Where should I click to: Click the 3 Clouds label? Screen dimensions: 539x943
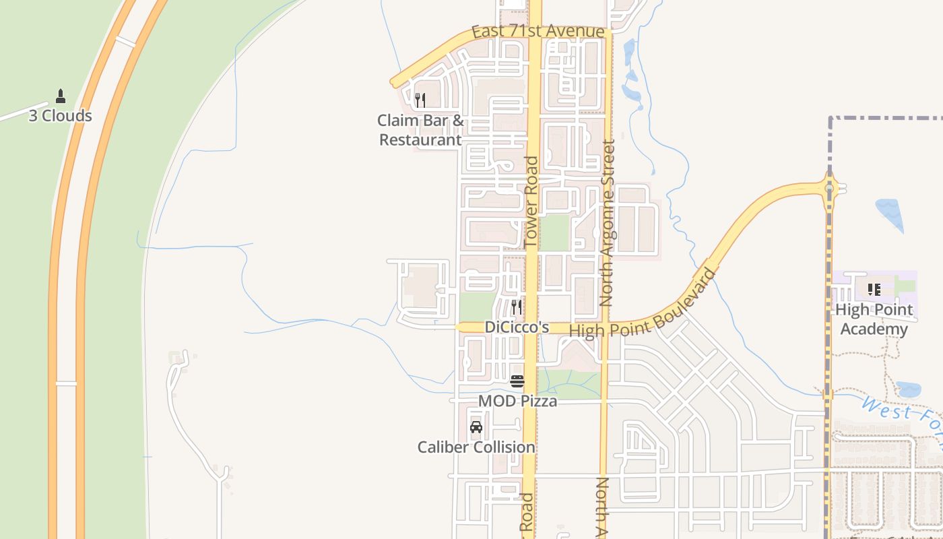[x=60, y=116]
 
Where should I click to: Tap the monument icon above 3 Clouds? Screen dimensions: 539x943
[x=61, y=96]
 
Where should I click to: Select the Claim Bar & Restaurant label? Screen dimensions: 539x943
[x=420, y=130]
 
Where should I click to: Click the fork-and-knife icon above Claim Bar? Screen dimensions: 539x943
[x=420, y=100]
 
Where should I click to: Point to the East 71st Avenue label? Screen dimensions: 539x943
[x=538, y=32]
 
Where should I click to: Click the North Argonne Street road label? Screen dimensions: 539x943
[x=608, y=222]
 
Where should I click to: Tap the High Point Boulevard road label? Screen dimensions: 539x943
[x=642, y=305]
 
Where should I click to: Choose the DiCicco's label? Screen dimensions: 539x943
[x=517, y=327]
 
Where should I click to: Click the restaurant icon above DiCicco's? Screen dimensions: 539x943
[x=517, y=307]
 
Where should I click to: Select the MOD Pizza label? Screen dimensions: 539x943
[x=517, y=402]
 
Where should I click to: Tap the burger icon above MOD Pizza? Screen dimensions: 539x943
[x=517, y=381]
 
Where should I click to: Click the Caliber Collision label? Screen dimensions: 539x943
[x=476, y=447]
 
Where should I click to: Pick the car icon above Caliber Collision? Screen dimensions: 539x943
[x=476, y=427]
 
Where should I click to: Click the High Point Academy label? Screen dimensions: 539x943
[x=874, y=319]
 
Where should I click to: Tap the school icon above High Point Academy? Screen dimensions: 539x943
[x=874, y=290]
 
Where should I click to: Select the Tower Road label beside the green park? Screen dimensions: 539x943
[x=531, y=201]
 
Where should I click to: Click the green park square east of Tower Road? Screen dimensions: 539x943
[x=554, y=233]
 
